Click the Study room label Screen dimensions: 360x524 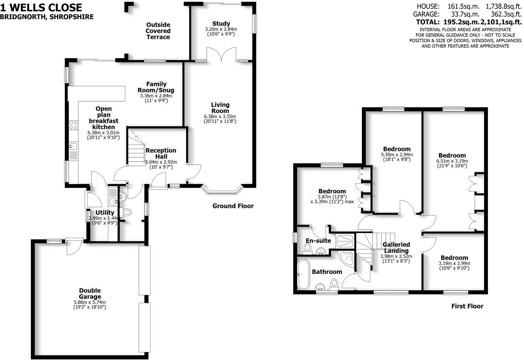pyautogui.click(x=221, y=24)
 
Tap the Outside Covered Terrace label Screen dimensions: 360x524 pyautogui.click(x=158, y=31)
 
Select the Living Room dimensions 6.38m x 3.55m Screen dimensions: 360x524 pyautogui.click(x=220, y=116)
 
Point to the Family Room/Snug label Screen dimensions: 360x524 pyautogui.click(x=156, y=87)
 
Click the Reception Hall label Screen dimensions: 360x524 pyautogui.click(x=161, y=153)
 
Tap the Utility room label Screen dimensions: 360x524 pyautogui.click(x=105, y=213)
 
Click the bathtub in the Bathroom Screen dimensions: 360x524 pyautogui.click(x=303, y=274)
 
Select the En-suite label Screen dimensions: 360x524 pyautogui.click(x=318, y=241)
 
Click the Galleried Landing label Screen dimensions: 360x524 pyautogui.click(x=396, y=248)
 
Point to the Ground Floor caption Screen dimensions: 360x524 pyautogui.click(x=233, y=206)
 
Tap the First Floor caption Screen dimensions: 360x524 pyautogui.click(x=467, y=306)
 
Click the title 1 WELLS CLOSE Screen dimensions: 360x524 pyautogui.click(x=41, y=7)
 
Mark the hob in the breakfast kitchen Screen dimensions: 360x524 pyautogui.click(x=74, y=125)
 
